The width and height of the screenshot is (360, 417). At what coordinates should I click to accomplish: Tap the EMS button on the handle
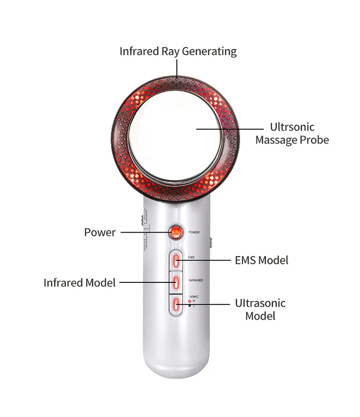point(176,261)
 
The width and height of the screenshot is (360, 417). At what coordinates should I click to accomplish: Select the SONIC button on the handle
point(176,304)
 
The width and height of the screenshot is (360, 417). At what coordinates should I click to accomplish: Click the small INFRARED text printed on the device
point(195,280)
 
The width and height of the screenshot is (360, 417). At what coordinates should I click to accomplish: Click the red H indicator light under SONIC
point(190,301)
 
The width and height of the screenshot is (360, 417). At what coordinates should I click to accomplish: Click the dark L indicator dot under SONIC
point(190,306)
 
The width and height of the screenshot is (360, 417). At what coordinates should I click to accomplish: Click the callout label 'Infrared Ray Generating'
point(178,51)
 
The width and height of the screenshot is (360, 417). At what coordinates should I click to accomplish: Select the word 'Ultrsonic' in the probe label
point(292,127)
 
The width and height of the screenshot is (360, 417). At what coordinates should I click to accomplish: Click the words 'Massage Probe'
point(292,140)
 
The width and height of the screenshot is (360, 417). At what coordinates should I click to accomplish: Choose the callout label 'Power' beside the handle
point(100,232)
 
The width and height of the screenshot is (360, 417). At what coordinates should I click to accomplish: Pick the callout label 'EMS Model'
point(262,260)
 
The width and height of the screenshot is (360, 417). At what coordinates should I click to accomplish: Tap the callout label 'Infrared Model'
point(80,282)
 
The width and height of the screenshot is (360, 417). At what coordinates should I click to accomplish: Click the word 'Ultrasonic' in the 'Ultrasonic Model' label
point(260,303)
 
